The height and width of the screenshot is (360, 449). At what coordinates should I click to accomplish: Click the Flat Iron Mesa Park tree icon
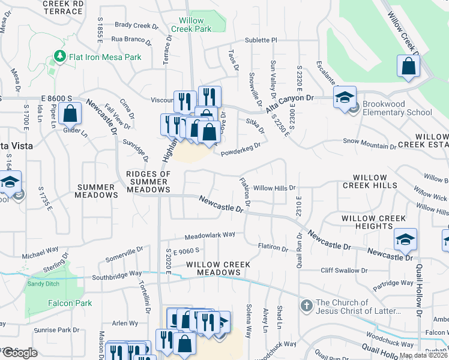59,56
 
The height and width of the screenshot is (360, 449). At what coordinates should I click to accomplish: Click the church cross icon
306,305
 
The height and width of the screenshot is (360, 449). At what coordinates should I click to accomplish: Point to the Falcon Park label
71,303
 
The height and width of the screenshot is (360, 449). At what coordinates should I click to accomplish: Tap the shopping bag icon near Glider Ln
71,113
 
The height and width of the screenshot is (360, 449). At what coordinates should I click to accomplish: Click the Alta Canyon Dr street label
294,97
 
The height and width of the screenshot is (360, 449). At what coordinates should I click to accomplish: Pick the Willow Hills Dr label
275,188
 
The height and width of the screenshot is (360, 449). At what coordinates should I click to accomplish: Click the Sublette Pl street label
261,40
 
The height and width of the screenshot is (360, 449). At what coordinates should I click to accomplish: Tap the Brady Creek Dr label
136,25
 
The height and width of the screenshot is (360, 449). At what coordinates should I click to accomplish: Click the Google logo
19,353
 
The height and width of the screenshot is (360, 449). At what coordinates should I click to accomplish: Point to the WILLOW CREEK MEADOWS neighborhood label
213,268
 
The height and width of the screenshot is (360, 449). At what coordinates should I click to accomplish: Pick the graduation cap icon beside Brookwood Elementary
345,97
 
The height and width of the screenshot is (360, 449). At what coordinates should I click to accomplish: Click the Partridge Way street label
393,283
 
